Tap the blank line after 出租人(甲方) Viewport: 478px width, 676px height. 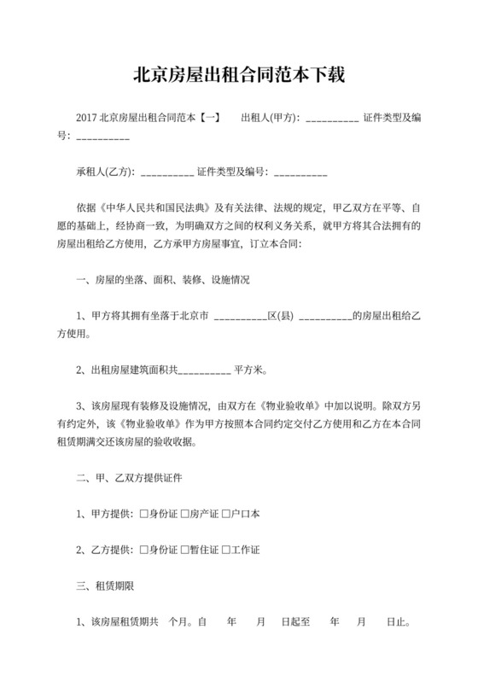(x=331, y=118)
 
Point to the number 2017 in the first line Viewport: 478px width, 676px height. (x=86, y=118)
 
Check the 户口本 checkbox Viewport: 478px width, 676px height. (x=226, y=513)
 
